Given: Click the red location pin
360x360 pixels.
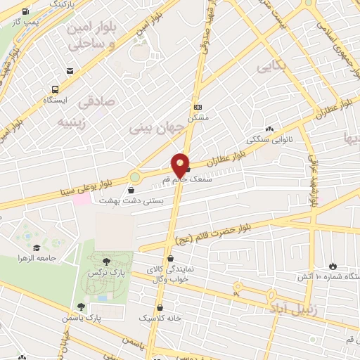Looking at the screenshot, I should click(181, 164).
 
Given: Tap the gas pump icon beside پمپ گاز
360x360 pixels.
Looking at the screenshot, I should click(26, 12).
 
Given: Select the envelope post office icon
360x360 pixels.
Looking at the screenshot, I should click(70, 71).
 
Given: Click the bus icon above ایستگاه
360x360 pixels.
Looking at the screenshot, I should click(55, 89).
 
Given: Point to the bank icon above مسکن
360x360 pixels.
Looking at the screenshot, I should click(198, 107).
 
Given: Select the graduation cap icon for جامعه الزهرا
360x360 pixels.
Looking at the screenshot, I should click(36, 247).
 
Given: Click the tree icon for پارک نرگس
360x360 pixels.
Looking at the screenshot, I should click(105, 262).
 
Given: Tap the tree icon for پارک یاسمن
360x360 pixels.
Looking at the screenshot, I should click(82, 307).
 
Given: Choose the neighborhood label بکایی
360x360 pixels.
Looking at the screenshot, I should click(271, 67).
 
